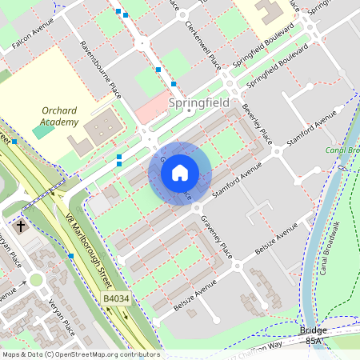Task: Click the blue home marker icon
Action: [180, 173]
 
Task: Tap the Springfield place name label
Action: [199, 103]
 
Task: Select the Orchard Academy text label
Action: [61, 116]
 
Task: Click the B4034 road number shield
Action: [116, 298]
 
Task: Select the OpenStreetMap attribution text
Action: [80, 354]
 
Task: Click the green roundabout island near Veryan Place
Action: [36, 279]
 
